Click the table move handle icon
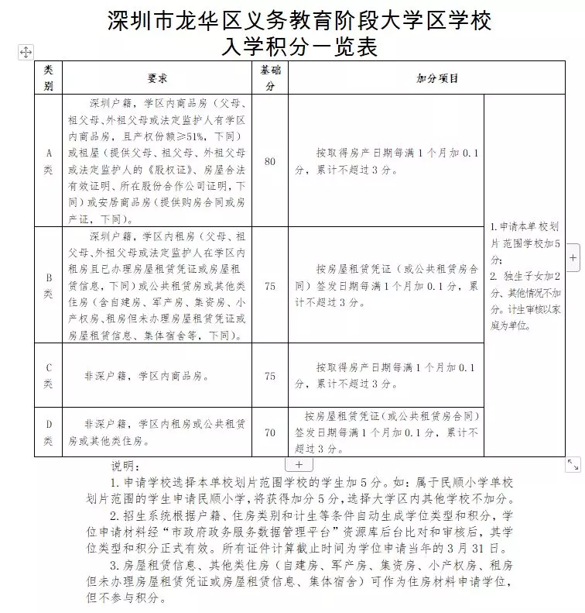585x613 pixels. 26,52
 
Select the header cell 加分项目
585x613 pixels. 437,78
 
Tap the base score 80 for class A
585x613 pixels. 270,161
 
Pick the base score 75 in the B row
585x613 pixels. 270,286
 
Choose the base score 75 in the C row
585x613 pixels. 270,376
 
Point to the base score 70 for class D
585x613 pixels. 270,432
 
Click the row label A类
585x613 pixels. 49,161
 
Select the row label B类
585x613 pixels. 49,285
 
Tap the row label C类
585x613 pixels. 49,375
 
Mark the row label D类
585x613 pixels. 49,432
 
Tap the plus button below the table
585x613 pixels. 299,465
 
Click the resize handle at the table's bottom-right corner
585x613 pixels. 573,464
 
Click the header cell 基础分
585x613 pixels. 270,78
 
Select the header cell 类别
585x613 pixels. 49,78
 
